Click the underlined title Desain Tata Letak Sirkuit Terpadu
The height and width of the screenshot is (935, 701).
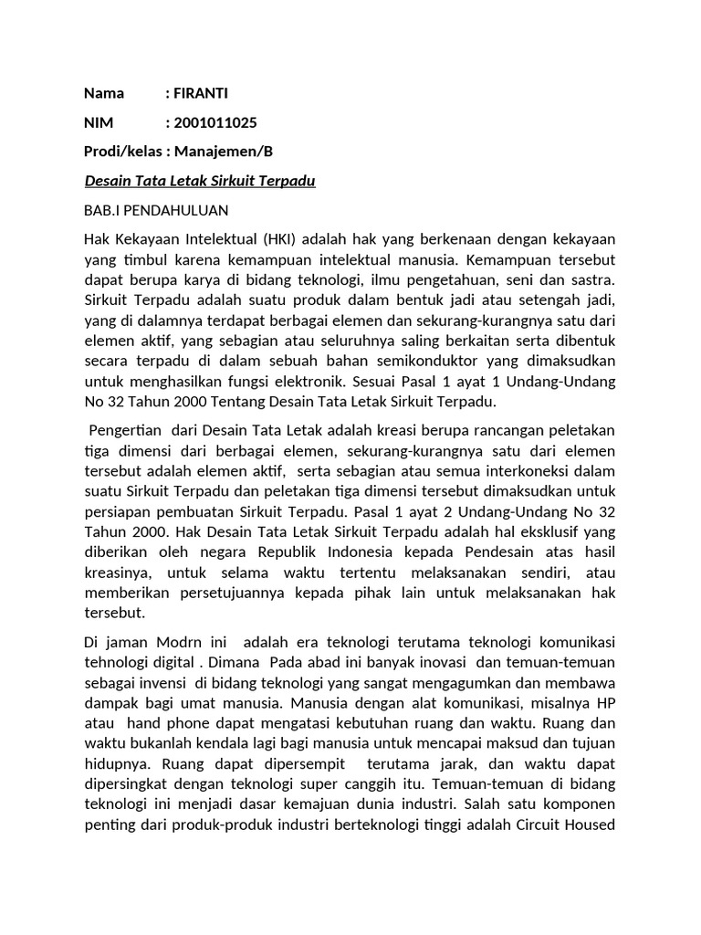(199, 181)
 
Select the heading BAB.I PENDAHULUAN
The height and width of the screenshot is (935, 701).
(155, 210)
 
